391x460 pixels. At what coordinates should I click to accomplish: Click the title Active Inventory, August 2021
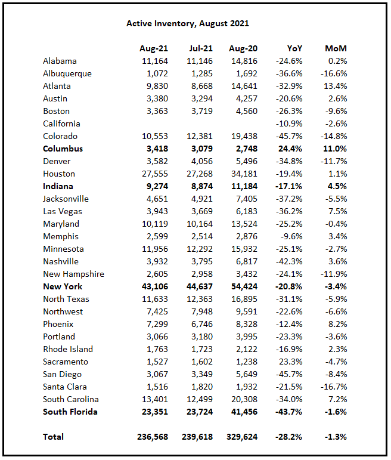pos(187,23)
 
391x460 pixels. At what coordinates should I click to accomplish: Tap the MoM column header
pos(336,48)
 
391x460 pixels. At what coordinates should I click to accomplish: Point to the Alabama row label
pos(60,61)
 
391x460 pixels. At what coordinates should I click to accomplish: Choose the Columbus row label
pos(63,149)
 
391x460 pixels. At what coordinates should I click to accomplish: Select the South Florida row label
pos(70,412)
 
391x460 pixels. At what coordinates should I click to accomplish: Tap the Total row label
pos(53,437)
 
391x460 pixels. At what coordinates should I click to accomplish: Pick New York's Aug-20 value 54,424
pos(243,286)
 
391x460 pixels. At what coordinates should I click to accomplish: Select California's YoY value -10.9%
pos(290,124)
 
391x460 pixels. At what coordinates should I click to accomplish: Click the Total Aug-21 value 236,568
pos(151,437)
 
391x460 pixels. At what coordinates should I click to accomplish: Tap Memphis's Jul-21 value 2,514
pos(201,236)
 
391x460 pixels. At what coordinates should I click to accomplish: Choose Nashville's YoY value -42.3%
pos(290,261)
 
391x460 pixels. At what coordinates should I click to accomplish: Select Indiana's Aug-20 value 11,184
pos(243,186)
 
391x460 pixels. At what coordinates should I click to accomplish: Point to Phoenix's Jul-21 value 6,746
pos(201,324)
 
